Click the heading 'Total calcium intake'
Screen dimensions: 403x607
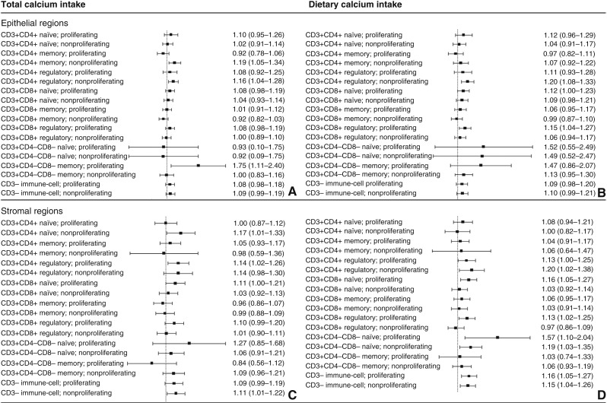(43, 5)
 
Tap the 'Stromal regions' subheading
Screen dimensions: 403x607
(33, 210)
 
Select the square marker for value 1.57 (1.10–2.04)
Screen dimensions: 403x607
(497, 337)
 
